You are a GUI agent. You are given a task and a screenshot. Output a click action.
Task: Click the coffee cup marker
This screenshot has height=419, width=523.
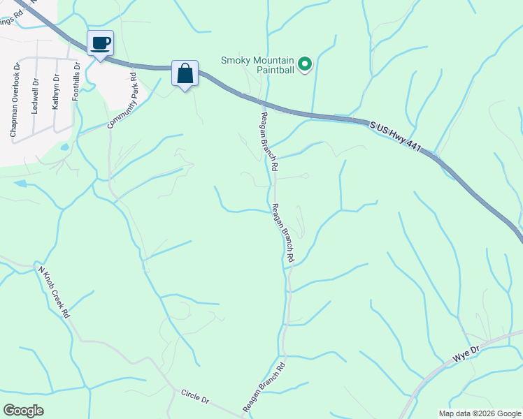coord(100,43)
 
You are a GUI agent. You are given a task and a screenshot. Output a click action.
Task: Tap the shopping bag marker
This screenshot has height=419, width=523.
coord(185,73)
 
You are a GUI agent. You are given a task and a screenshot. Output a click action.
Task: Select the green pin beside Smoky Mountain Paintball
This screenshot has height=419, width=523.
coord(305,65)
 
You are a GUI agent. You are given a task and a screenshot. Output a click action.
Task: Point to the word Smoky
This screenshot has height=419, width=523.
coord(236,60)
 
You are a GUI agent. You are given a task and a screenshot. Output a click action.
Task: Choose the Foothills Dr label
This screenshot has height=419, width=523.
coord(77,82)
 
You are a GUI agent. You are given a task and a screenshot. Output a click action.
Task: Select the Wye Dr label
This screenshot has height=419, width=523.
coord(466,353)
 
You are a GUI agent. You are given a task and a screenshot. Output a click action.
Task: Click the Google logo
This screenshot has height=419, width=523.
coord(23,411)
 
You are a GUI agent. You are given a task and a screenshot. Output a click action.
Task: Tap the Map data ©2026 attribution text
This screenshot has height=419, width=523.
coord(479,413)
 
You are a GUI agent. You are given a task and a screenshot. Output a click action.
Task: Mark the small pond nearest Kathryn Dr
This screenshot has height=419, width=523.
coord(65,147)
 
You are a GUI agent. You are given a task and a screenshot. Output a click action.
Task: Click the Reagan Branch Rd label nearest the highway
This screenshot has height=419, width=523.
coord(268,142)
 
